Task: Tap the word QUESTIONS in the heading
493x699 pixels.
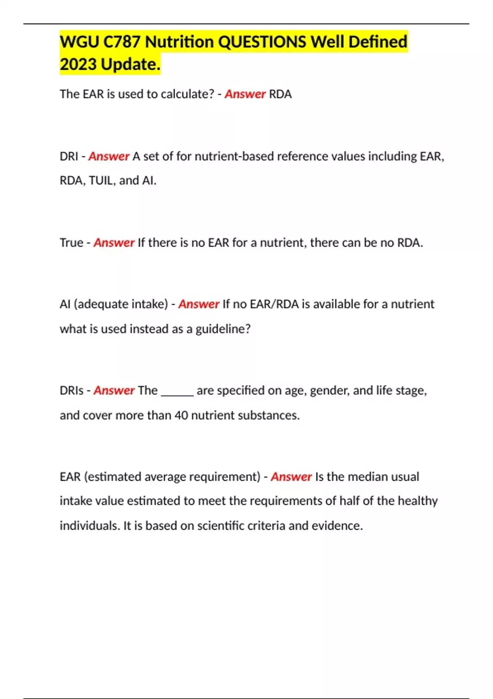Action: tap(262, 42)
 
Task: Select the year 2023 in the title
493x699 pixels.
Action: tap(78, 65)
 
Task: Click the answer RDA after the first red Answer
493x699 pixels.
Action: tap(280, 94)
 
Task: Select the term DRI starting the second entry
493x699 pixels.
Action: tap(69, 156)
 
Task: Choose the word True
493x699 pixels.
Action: tap(71, 243)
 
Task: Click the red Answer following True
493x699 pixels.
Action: tap(114, 243)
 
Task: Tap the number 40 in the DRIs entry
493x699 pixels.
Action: tap(181, 415)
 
